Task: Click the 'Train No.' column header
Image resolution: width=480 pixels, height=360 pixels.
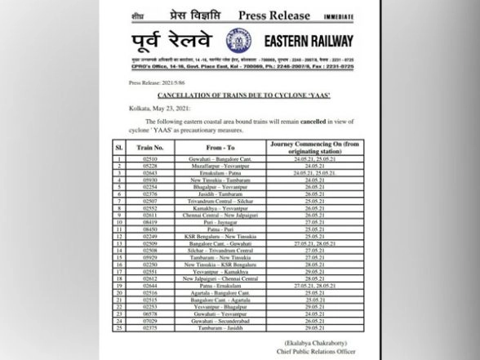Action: (x=154, y=147)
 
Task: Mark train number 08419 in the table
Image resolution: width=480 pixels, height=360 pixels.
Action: (x=150, y=220)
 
